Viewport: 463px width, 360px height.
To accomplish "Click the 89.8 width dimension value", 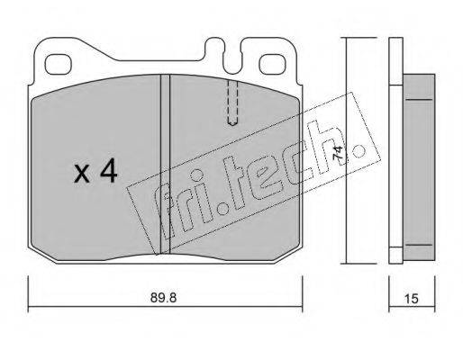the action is point(163,298).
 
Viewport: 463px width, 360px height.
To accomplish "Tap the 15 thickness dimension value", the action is point(412,299).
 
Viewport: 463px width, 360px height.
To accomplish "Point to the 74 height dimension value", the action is point(339,153).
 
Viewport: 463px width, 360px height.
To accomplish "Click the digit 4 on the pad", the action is point(109,170).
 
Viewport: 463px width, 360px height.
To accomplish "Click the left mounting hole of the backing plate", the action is point(59,65).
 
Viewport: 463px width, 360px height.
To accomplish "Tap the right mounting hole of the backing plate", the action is point(272,65).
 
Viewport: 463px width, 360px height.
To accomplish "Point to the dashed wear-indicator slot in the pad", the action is point(232,103).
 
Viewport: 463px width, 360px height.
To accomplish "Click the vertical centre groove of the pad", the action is point(165,164).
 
